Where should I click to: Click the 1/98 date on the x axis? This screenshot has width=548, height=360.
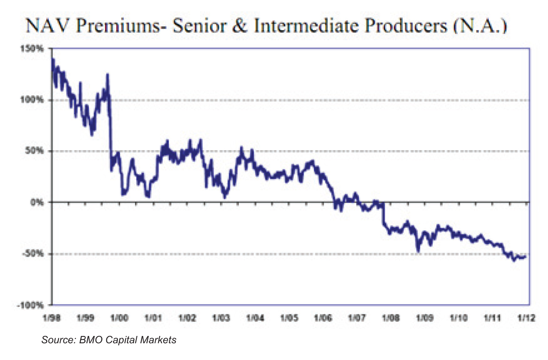click(x=51, y=319)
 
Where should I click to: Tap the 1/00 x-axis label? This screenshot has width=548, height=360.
click(x=119, y=319)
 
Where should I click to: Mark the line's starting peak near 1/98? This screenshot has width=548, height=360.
click(x=52, y=59)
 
